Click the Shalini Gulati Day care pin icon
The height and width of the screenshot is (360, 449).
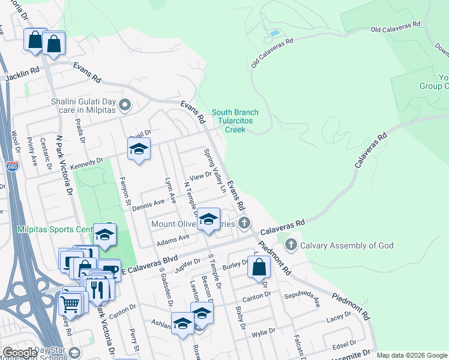click(x=125, y=106)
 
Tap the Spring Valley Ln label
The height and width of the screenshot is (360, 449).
click(x=214, y=171)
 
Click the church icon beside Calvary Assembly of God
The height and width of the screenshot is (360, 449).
click(x=291, y=244)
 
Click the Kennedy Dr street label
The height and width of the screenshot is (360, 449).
click(x=86, y=163)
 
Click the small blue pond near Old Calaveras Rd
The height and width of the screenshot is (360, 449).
click(x=274, y=32)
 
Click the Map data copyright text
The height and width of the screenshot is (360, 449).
click(x=412, y=355)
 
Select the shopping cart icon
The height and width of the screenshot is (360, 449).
click(x=70, y=305)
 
